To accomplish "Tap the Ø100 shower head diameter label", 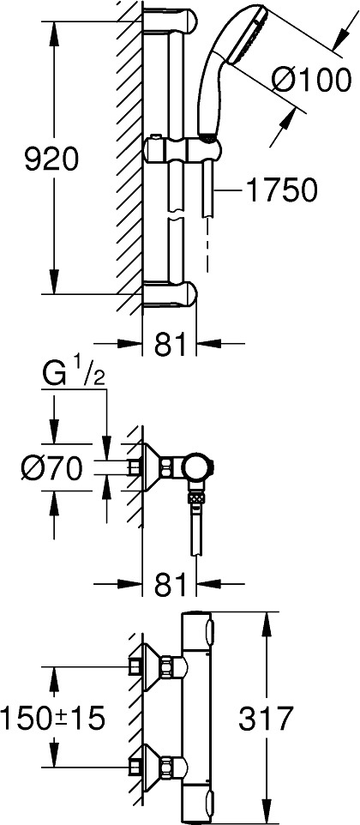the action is (311, 81).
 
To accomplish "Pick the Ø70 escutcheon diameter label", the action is (51, 467).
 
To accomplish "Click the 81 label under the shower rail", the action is (170, 345).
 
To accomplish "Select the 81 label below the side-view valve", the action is (170, 585).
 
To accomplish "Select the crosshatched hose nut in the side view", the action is (195, 497).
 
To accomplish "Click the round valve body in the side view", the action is (199, 468).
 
